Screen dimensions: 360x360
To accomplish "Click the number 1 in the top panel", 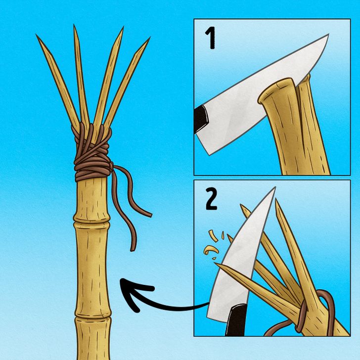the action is coord(210,38).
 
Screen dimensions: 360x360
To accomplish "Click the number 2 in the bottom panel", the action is coord(211,199).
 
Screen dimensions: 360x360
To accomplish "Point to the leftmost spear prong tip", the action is coord(37,35).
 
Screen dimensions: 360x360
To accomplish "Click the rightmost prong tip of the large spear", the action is coord(149,38).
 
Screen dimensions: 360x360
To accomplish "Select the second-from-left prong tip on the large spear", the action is coord(74,25).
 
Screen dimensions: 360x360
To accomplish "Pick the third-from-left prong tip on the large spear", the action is coord(123,27).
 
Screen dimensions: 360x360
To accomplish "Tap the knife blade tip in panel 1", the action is coord(328,35).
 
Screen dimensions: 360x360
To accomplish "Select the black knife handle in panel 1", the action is coord(201,119).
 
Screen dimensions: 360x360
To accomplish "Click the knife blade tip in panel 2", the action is coord(274,188).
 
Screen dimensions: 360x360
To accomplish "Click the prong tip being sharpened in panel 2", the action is coord(216,264).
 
